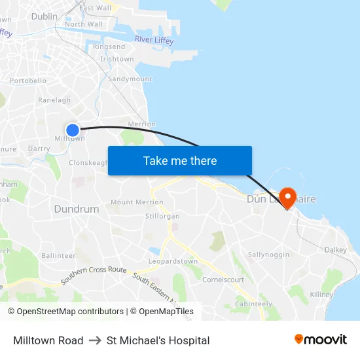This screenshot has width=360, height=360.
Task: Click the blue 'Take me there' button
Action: (180, 161)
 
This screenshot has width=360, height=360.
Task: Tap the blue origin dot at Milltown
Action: (73, 130)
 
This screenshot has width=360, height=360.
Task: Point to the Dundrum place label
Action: (76, 209)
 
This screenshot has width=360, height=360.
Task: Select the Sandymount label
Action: (130, 79)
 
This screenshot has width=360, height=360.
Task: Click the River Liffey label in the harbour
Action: (154, 41)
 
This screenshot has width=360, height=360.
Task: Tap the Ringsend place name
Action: (109, 47)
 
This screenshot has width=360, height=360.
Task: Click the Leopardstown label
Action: (173, 262)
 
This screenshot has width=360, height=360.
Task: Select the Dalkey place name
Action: (335, 250)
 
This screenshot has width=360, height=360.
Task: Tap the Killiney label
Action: (322, 295)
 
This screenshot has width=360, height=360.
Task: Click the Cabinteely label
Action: (253, 304)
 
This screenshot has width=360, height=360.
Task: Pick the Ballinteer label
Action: (58, 255)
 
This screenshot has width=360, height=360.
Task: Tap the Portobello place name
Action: (28, 81)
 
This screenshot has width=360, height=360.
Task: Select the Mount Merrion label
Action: (137, 203)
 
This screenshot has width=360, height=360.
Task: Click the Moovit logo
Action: (321, 340)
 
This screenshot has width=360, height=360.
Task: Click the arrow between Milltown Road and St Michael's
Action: (95, 340)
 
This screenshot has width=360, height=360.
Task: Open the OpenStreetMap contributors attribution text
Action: (70, 312)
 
